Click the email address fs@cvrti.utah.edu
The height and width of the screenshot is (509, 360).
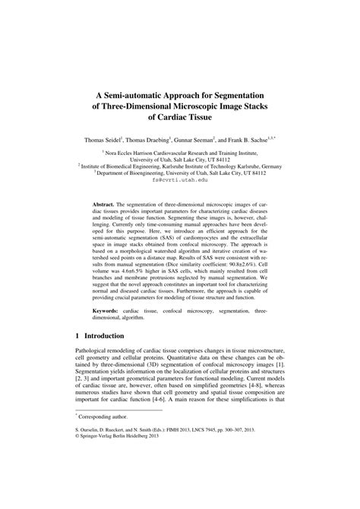point(179,180)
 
